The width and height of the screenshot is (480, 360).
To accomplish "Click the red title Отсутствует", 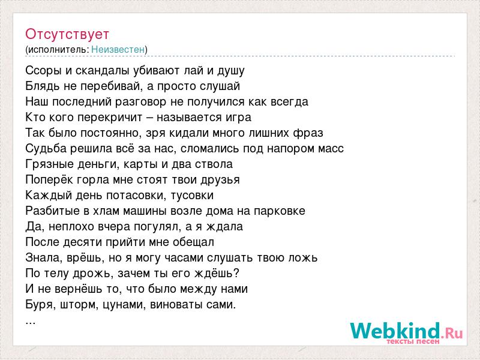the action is pos(67,35).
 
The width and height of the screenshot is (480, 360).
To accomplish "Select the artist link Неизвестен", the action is pos(118,50).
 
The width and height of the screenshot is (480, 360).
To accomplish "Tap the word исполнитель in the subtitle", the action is pos(58,50).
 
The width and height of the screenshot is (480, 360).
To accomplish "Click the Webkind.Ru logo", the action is pos(407,331).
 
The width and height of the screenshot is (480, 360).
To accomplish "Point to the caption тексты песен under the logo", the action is pos(413,341).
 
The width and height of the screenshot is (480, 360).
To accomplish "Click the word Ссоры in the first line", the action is pos(44,71).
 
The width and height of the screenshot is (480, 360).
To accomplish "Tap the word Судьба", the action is pos(46,149).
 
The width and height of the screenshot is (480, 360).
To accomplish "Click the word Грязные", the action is pos(49,164).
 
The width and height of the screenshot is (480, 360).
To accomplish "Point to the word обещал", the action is pos(193,242).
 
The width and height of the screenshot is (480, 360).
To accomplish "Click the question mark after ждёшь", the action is pos(236,273).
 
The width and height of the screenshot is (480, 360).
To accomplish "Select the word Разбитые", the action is pos(50,211).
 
